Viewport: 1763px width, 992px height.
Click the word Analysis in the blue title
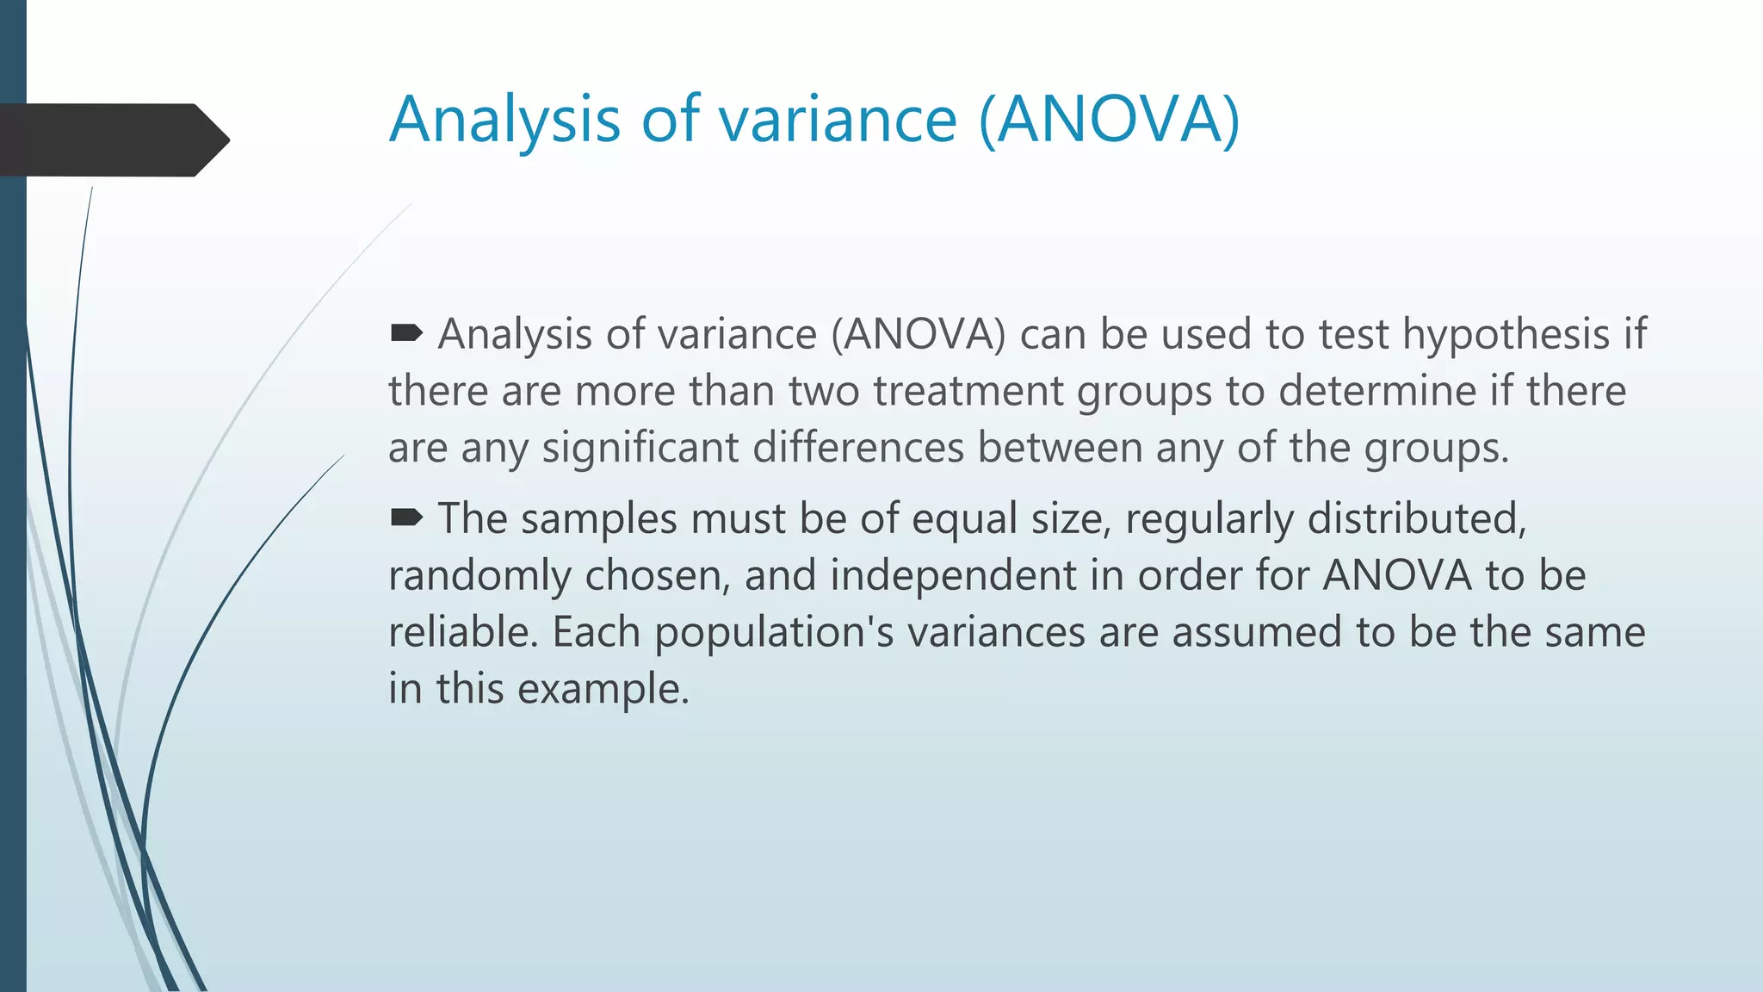point(504,119)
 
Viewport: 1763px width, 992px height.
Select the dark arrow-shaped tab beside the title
point(112,139)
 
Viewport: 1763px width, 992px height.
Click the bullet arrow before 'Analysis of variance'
point(406,332)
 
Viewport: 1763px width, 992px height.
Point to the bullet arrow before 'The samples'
point(406,517)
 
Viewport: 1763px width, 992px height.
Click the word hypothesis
point(1506,334)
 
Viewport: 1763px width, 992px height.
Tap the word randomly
point(479,575)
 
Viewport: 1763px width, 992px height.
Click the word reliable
point(462,632)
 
